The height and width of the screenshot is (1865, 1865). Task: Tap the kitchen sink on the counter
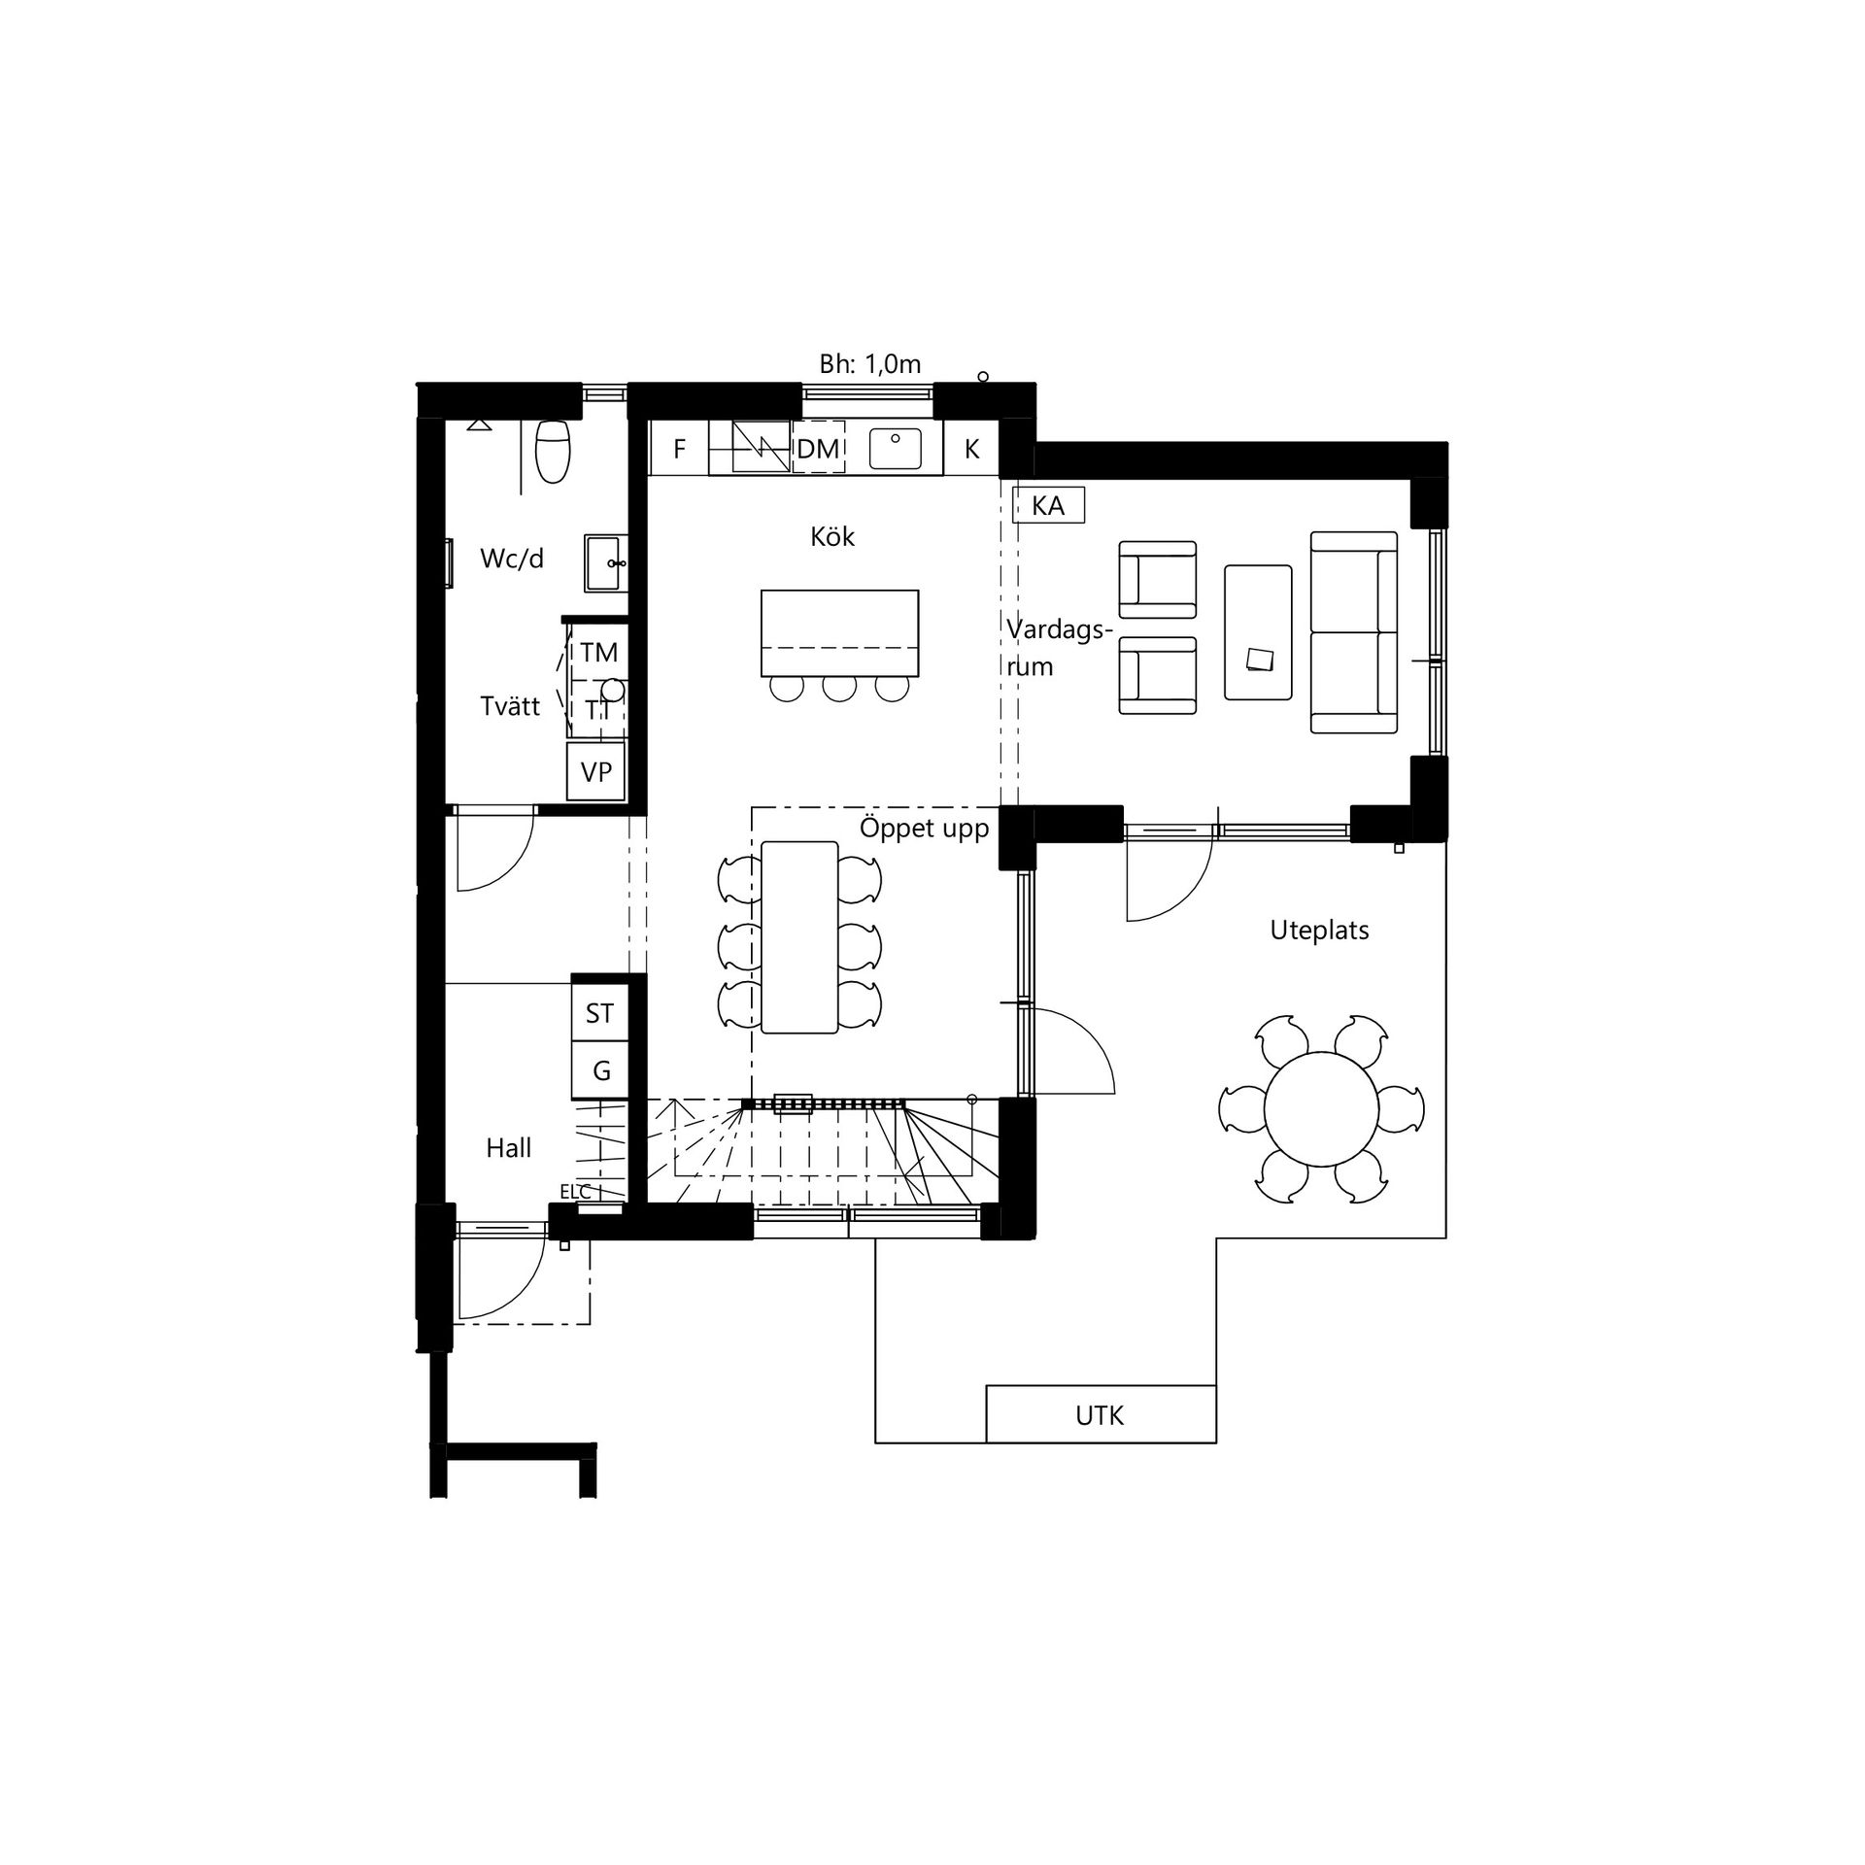pos(895,448)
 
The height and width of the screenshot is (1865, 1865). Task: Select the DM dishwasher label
pos(818,449)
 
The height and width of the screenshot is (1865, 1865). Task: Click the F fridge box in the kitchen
pos(679,448)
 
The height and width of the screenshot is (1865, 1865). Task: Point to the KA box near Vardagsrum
pos(1048,505)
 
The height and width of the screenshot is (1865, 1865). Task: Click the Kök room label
pos(832,536)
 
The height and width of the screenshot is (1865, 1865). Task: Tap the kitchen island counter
pos(840,632)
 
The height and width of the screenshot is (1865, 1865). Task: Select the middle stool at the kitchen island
pos(840,687)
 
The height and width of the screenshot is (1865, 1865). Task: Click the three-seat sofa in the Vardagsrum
pos(1354,631)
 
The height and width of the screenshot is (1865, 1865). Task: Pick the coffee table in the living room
pos(1258,631)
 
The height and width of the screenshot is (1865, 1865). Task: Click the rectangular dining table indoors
pos(799,937)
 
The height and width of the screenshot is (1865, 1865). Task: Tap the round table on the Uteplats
pos(1321,1107)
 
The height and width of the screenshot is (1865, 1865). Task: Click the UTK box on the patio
pos(1101,1413)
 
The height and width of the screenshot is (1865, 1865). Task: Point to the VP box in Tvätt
pos(596,771)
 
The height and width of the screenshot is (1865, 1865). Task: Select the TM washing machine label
pos(599,652)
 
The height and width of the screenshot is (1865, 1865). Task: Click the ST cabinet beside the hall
pos(599,1013)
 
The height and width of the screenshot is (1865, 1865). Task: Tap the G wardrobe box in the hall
pos(601,1070)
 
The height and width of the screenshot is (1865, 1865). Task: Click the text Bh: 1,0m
pos(870,364)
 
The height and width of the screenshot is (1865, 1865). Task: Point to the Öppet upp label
pos(924,829)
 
